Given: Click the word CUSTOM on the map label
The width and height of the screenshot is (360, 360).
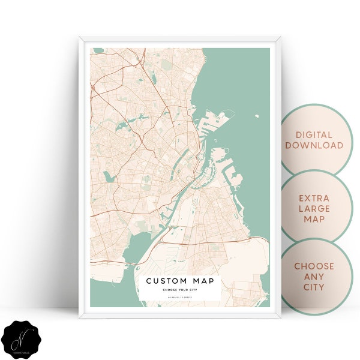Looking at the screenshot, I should click(165, 281).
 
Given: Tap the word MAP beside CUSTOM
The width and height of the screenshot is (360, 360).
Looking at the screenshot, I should click(203, 281).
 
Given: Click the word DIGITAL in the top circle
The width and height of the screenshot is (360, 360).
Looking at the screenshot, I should click(314, 135).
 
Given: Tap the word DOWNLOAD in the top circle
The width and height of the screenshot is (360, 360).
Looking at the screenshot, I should click(314, 146).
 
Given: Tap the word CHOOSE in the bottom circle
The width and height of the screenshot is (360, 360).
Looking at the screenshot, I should click(314, 266).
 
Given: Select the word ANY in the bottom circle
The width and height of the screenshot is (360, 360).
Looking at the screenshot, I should click(314, 277).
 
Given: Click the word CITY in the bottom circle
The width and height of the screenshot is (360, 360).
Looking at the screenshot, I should click(314, 287).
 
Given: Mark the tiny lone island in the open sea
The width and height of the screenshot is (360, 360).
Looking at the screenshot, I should click(256, 117).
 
